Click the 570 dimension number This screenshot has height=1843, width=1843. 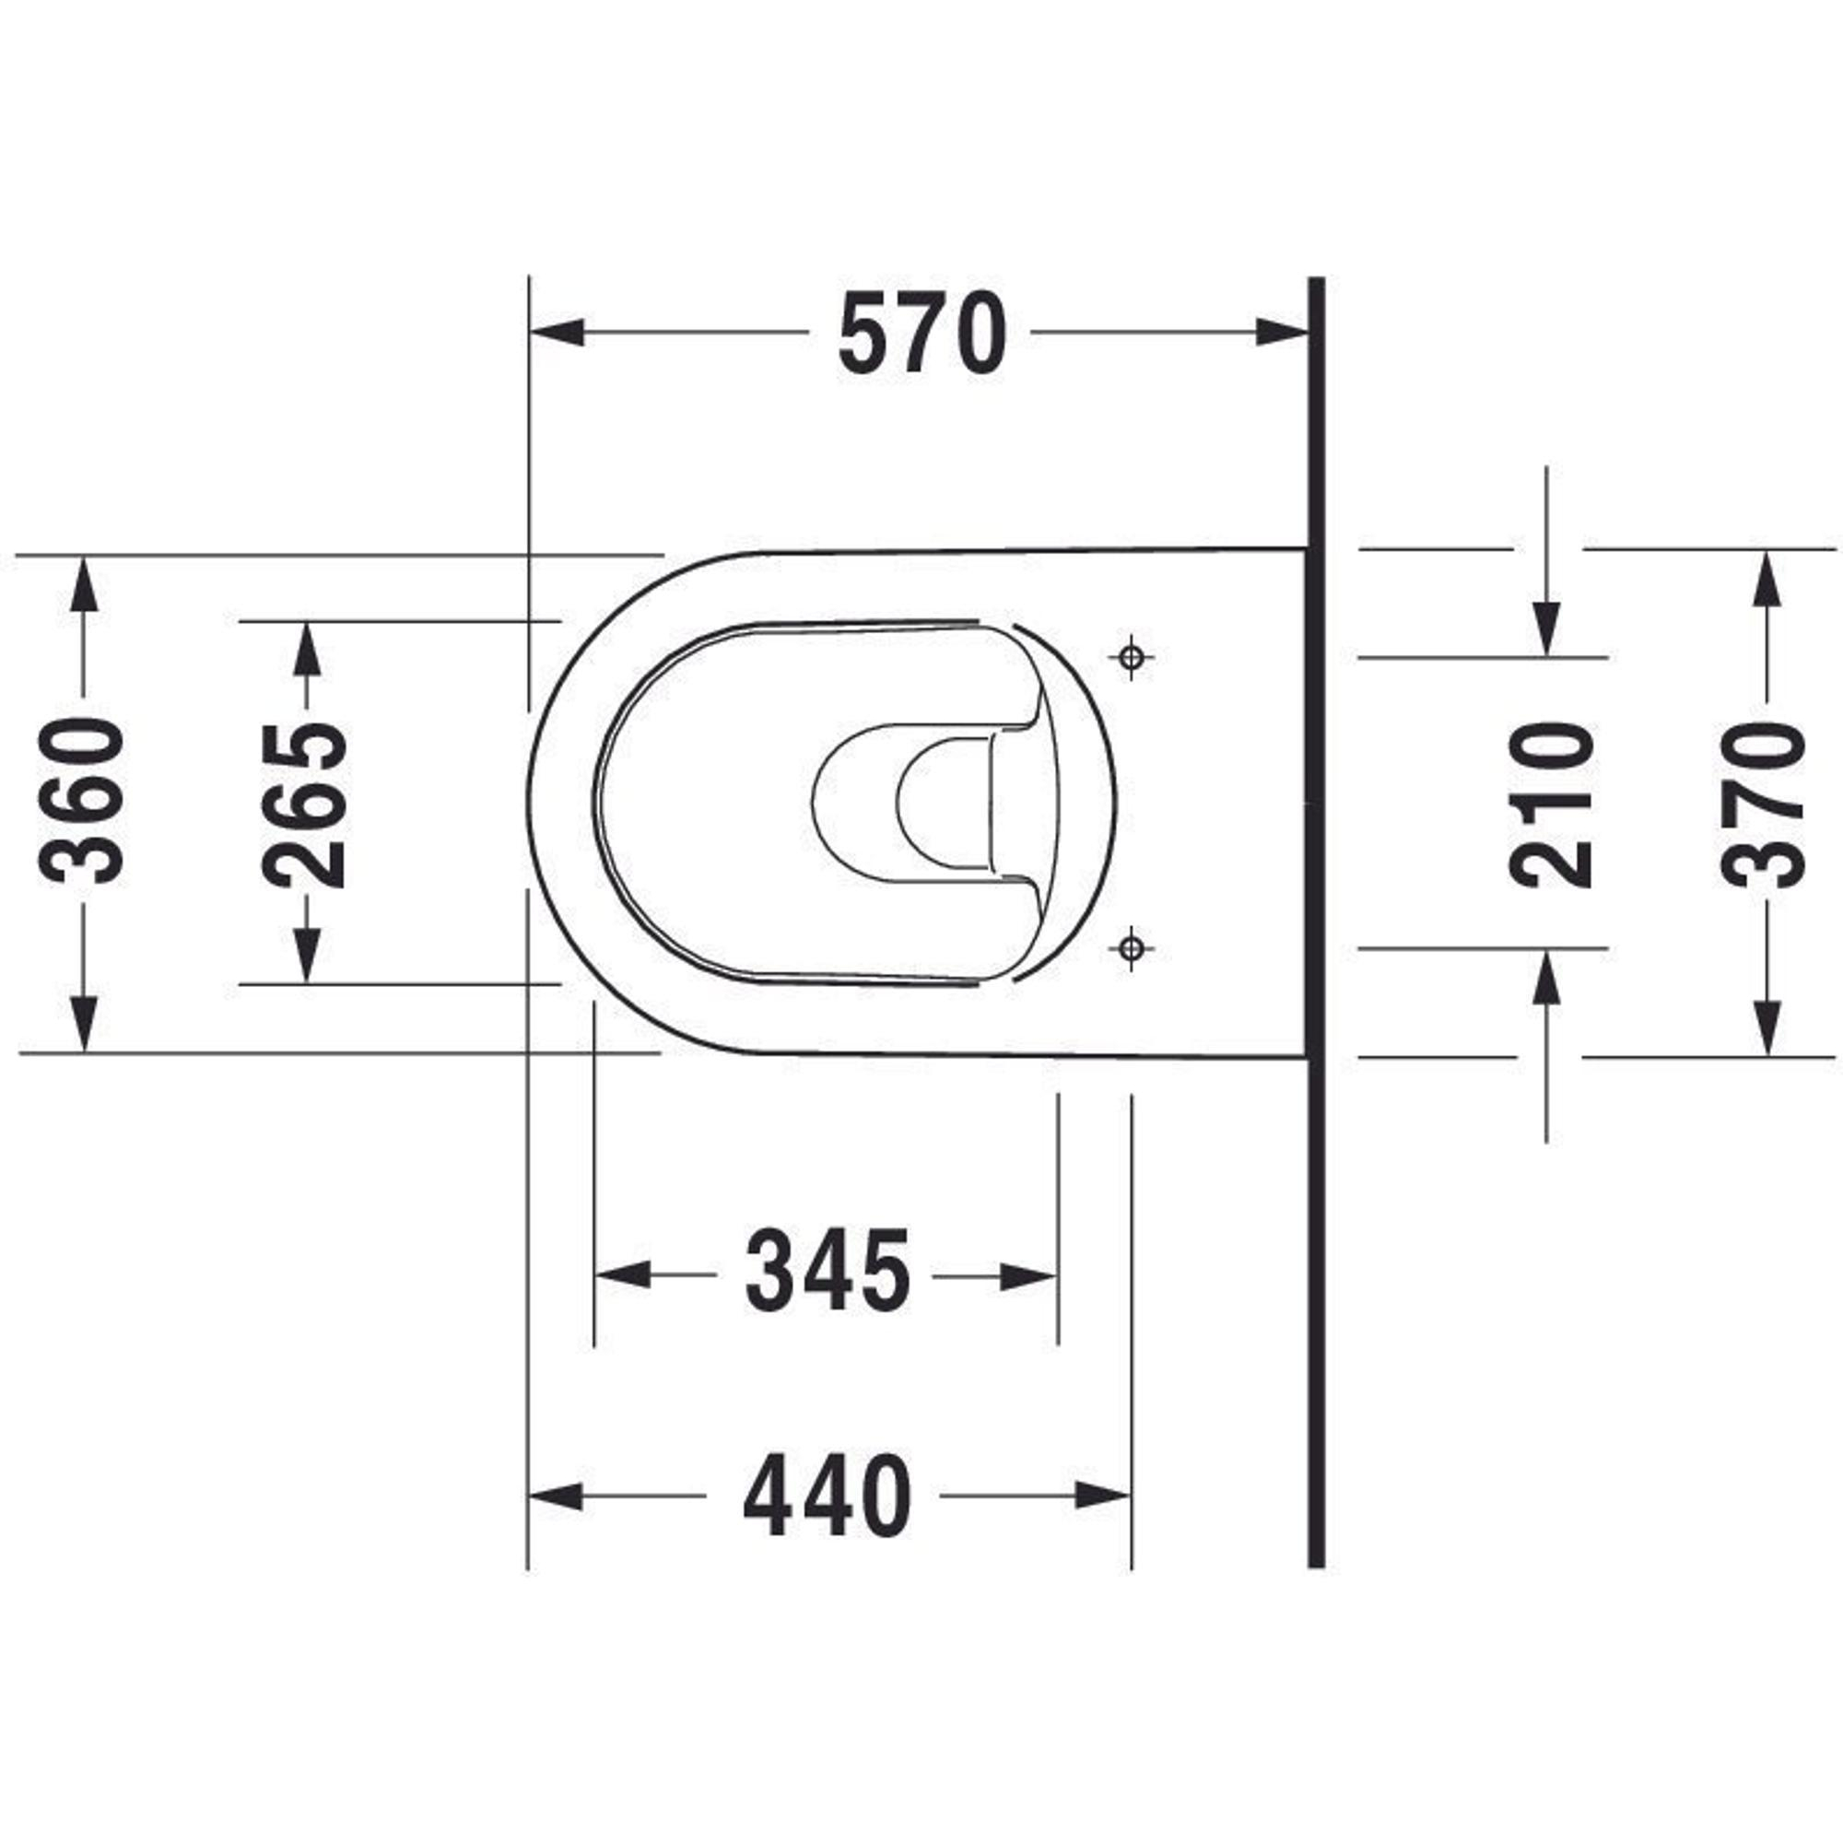[921, 333]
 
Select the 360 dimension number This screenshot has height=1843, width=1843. [82, 802]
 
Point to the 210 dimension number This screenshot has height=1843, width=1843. [1552, 805]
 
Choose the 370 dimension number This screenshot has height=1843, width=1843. [1766, 804]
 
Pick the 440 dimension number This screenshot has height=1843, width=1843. [828, 1495]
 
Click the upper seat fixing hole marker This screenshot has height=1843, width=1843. [1133, 656]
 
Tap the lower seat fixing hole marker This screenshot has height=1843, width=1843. [1132, 948]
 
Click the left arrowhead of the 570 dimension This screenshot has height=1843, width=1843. [557, 333]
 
